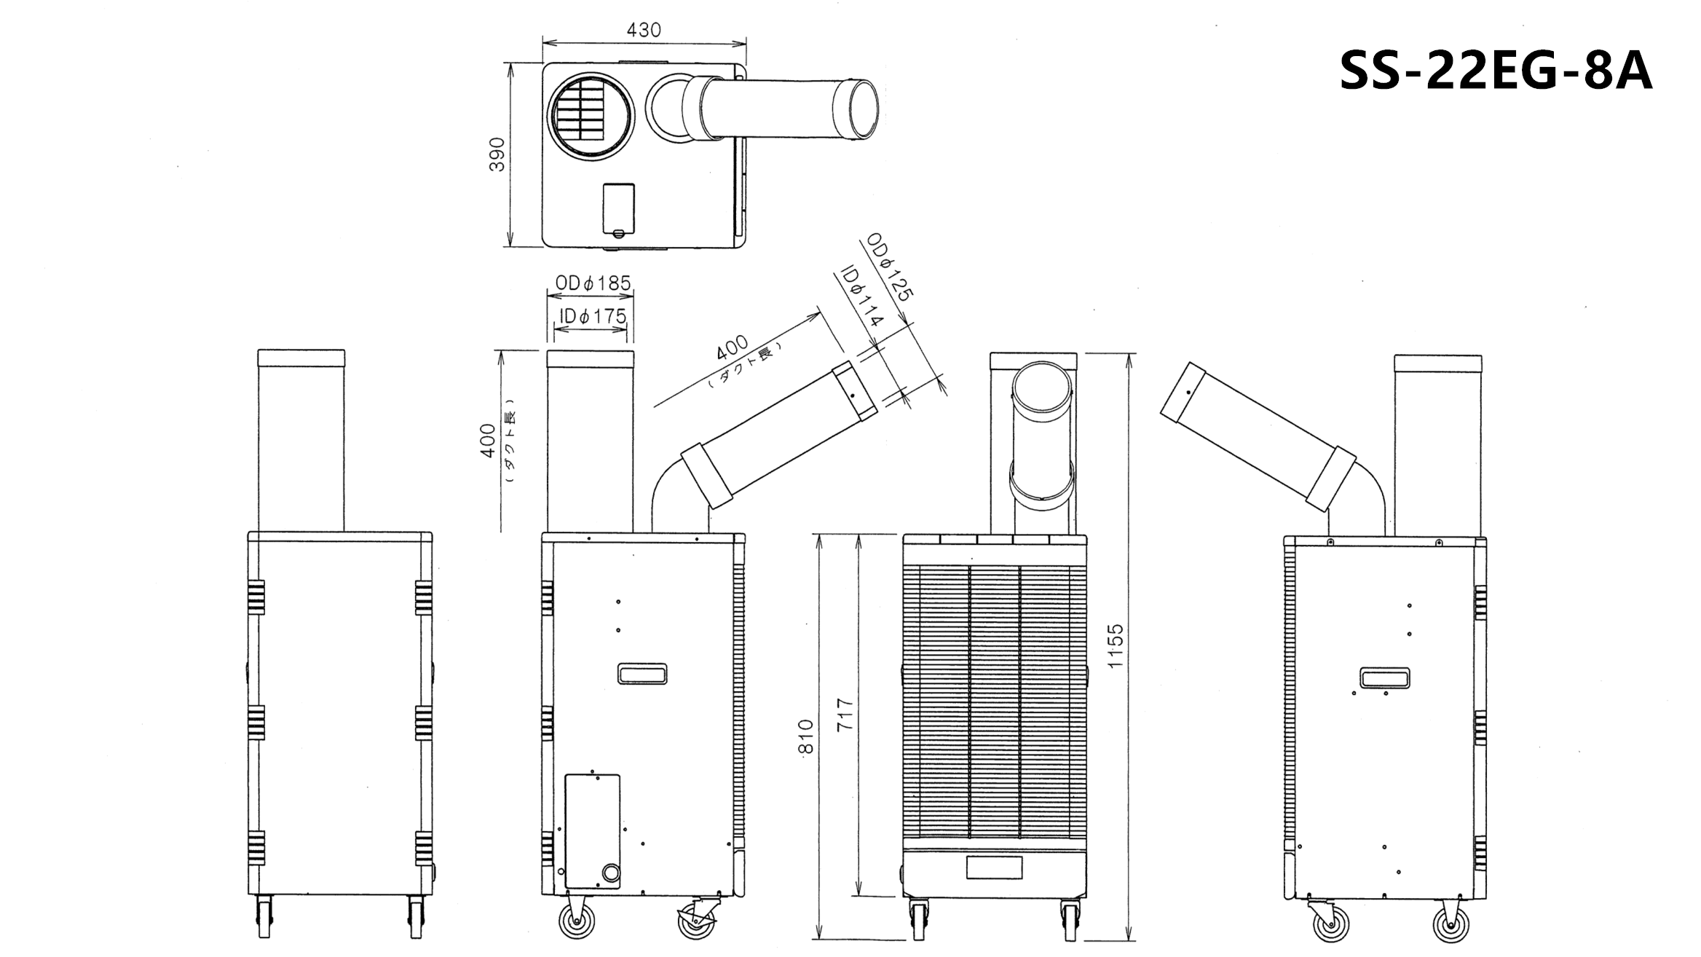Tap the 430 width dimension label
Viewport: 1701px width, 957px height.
[644, 30]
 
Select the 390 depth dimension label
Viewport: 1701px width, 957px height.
[497, 154]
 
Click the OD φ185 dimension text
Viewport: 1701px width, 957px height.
[593, 283]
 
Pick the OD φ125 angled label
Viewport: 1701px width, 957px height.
[889, 267]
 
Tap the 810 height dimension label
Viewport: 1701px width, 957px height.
[805, 736]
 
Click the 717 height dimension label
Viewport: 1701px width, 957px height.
[845, 714]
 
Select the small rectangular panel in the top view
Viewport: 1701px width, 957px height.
[619, 209]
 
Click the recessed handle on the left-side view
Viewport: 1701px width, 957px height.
[642, 674]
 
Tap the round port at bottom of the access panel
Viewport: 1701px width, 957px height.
[610, 873]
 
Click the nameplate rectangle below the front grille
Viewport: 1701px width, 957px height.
[994, 867]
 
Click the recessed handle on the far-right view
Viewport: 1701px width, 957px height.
[1384, 678]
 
